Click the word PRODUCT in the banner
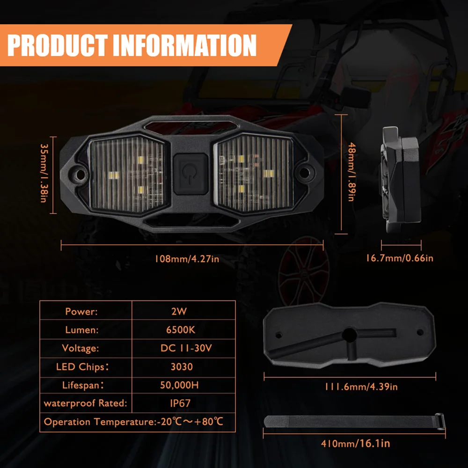point(57,45)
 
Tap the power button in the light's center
point(191,174)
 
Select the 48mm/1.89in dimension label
point(352,172)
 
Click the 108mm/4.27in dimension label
point(187,259)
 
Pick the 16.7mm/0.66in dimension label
point(400,258)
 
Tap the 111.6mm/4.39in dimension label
point(361,387)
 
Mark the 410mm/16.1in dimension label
point(356,444)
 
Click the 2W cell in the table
point(179,311)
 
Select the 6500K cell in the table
point(181,330)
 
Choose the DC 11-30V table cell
point(186,348)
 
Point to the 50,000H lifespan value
point(179,385)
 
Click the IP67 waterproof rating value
point(180,403)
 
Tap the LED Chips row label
point(82,367)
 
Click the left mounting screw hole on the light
point(80,174)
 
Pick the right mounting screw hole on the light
point(305,173)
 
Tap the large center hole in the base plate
point(349,335)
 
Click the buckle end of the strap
point(440,421)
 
